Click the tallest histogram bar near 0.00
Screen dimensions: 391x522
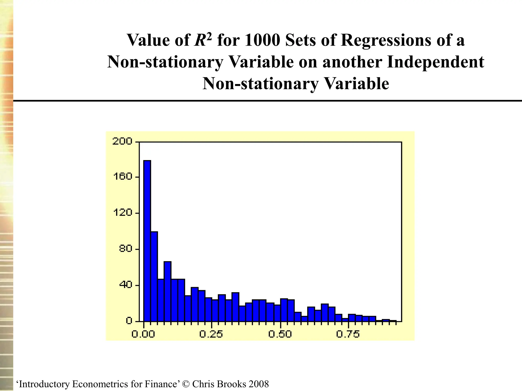(x=147, y=241)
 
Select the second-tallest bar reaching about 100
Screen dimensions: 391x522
(x=154, y=276)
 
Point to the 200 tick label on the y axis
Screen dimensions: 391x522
(x=123, y=141)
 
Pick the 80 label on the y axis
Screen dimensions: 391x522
(x=125, y=248)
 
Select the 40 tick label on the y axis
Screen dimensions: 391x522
(x=125, y=285)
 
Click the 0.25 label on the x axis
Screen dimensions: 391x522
(x=211, y=334)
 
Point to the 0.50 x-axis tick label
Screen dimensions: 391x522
(x=280, y=334)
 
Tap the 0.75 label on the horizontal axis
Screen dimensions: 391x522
(x=348, y=334)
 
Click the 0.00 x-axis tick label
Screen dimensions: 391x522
(x=143, y=334)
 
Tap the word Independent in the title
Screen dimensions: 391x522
(x=435, y=62)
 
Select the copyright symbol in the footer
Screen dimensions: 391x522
(x=187, y=384)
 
